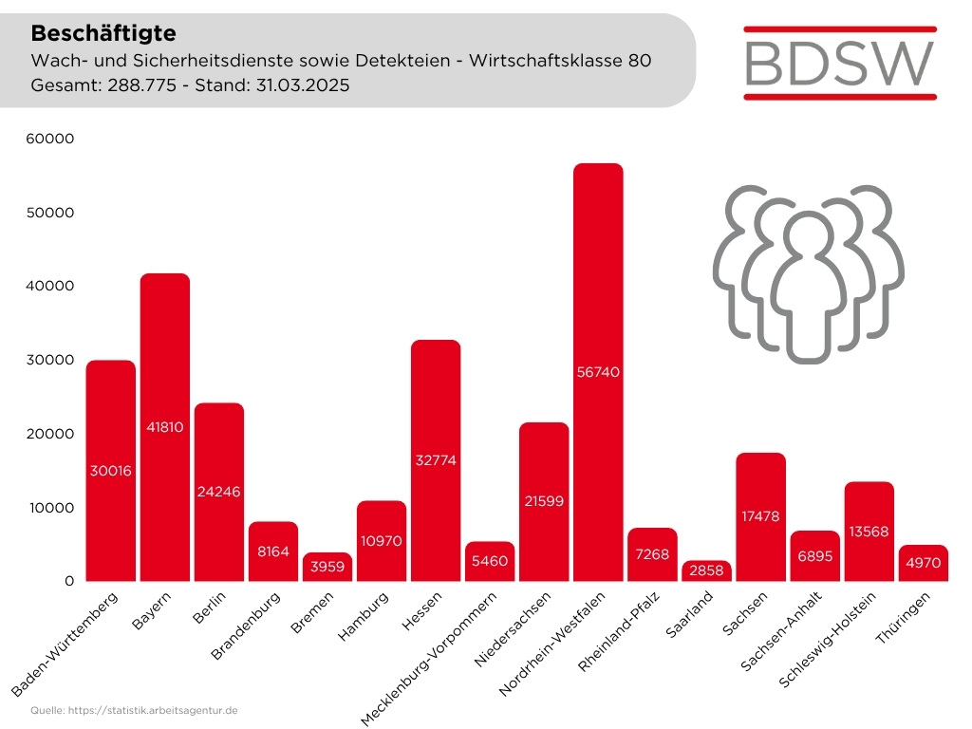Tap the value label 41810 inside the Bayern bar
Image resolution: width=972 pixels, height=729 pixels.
click(x=164, y=427)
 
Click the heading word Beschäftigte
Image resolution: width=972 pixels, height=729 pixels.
click(x=103, y=33)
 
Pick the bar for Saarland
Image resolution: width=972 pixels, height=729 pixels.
click(x=706, y=570)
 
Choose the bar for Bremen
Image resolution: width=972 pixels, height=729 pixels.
click(x=327, y=567)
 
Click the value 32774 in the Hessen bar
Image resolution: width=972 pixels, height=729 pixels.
click(x=436, y=460)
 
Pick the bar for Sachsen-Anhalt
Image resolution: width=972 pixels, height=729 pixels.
click(x=814, y=556)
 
